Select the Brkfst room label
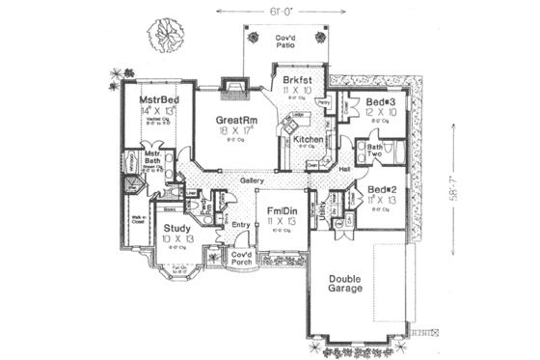pyautogui.click(x=296, y=78)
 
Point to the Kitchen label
pyautogui.click(x=308, y=141)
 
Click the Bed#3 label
pyautogui.click(x=378, y=101)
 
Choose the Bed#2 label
pyautogui.click(x=377, y=189)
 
